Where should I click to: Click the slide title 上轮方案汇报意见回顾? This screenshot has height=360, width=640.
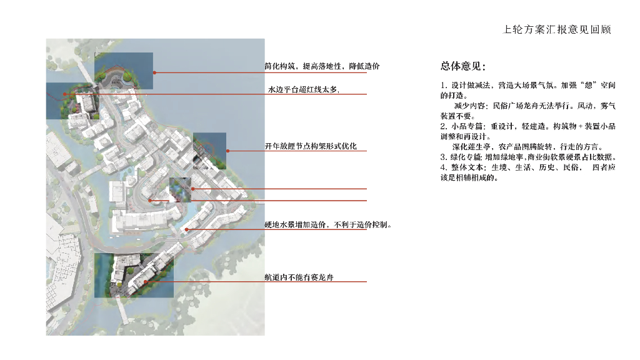(x=557, y=29)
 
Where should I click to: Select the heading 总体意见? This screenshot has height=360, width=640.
(x=463, y=66)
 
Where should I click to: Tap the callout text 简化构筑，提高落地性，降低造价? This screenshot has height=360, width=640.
(x=322, y=66)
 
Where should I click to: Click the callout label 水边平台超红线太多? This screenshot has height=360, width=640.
(x=303, y=90)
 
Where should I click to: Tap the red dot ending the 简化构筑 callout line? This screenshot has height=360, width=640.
(x=154, y=73)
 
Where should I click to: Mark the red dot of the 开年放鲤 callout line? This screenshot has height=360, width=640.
(x=228, y=151)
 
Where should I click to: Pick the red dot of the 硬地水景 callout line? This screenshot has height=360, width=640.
(x=187, y=230)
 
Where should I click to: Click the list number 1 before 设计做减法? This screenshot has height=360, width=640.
(x=442, y=85)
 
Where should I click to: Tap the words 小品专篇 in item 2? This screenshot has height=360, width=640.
(x=465, y=126)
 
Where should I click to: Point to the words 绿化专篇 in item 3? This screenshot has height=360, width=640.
(x=466, y=157)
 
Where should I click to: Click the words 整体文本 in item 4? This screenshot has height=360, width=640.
(x=466, y=167)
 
